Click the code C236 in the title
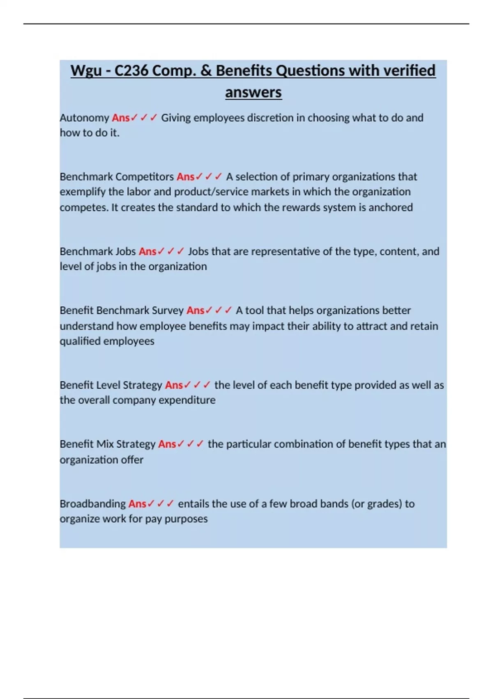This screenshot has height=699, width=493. pos(131,71)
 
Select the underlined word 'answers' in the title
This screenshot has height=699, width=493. pos(253,92)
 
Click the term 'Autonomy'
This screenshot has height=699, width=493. pos(84,118)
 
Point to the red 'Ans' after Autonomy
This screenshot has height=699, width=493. pos(120,118)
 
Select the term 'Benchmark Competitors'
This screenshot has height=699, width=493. pos(117,177)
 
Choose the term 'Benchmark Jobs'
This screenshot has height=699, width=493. pos(98,251)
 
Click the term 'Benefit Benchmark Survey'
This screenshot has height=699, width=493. pos(122,310)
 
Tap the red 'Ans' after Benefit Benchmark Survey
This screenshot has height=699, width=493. pos(195,310)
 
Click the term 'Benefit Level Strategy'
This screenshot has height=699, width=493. pos(111,385)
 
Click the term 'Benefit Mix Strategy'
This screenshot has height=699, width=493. pos(108,444)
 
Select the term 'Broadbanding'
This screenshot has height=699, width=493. pos(93,504)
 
